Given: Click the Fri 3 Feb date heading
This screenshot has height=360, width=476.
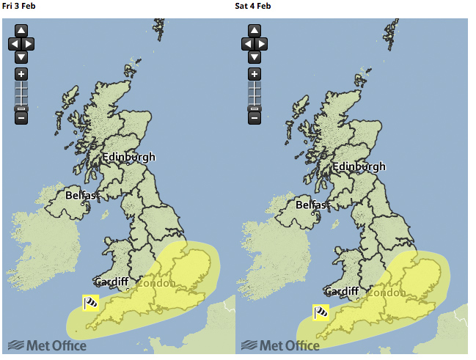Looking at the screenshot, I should [x=18, y=6].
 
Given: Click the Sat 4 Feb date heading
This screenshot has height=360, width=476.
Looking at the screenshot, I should [x=253, y=6].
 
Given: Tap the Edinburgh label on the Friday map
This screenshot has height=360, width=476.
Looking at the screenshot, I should [x=128, y=157].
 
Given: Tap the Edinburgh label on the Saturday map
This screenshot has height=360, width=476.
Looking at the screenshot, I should [x=359, y=166].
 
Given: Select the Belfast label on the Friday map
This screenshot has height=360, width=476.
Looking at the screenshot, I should [x=81, y=196].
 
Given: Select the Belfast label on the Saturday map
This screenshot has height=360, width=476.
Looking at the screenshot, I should [x=312, y=205].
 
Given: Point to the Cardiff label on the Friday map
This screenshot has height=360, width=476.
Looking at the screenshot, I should [x=111, y=282].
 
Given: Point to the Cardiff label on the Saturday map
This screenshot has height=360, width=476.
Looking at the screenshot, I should [x=341, y=291].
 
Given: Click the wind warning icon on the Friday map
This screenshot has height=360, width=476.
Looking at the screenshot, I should [x=90, y=303].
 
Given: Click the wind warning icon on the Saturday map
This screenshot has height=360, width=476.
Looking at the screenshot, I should [x=321, y=312].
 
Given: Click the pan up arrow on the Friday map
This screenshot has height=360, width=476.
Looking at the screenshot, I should [x=21, y=31].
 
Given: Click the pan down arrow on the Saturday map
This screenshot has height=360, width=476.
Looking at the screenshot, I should [x=254, y=56].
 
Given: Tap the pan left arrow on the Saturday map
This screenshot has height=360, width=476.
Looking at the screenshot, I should [x=246, y=44].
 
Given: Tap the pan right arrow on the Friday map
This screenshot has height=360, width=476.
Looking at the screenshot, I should [x=29, y=44].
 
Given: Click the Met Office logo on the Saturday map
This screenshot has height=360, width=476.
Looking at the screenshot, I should [x=280, y=345].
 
